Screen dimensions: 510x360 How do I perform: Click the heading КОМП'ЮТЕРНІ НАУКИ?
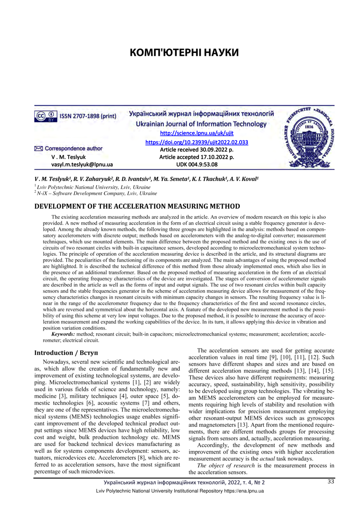[184, 53]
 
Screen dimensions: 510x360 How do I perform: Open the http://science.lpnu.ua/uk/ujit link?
[196, 133]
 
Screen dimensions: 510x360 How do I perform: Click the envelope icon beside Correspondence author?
[39, 148]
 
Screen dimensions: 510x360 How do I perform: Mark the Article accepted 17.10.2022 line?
[196, 157]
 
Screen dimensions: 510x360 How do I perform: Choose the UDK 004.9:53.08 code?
[196, 165]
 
